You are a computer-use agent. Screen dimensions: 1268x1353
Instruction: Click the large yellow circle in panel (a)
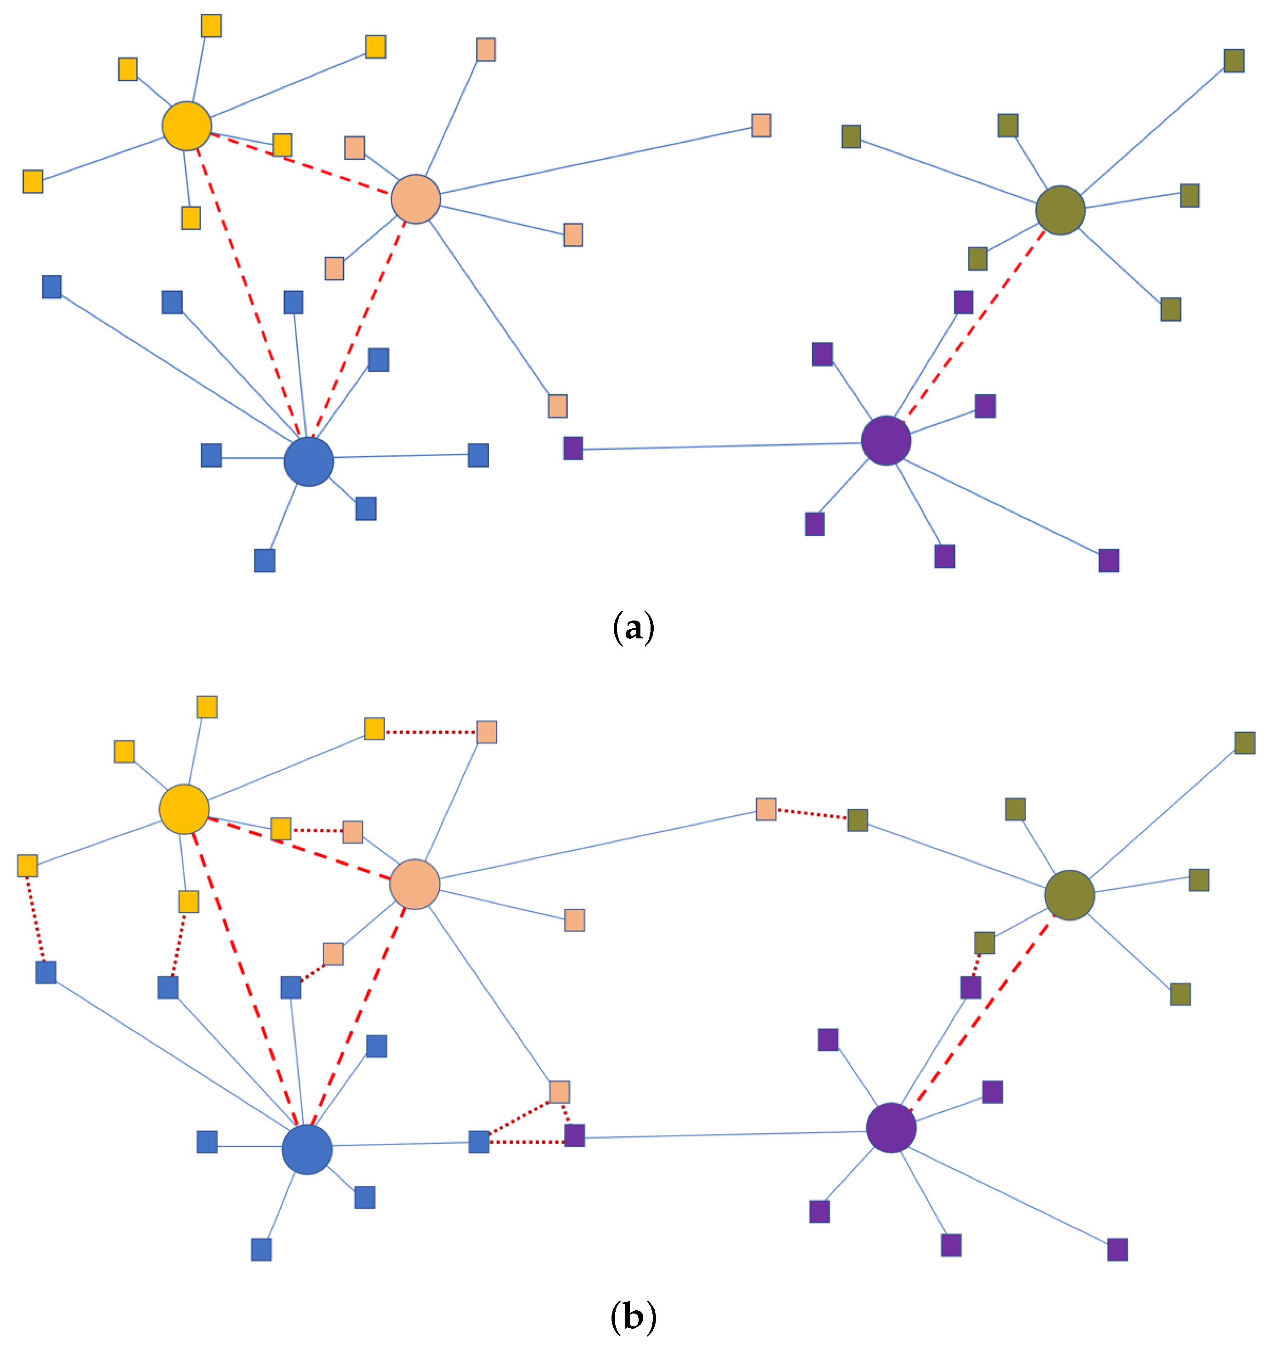pos(186,126)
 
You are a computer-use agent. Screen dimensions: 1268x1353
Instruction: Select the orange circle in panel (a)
pos(415,199)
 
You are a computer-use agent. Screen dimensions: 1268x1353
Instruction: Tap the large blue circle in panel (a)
pos(309,461)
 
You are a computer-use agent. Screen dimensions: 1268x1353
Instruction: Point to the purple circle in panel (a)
pos(886,440)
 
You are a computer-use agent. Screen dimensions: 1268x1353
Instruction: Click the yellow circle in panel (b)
pos(184,809)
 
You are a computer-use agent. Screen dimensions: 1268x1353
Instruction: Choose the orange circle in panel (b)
pos(415,884)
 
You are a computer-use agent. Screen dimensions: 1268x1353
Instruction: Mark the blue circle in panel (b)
pos(307,1150)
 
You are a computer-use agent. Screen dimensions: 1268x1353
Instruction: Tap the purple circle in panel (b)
pos(891,1128)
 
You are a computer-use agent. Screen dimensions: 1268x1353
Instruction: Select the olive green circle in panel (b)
pos(1069,895)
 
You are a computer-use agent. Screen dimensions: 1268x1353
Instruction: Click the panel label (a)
pos(633,627)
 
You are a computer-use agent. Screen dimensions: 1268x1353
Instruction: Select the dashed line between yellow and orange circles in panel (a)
pos(299,163)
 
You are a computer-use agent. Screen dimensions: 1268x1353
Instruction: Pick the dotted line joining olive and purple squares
pos(977,965)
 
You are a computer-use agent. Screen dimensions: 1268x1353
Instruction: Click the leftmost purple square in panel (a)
pos(573,448)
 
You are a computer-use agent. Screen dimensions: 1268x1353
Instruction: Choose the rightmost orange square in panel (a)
pos(761,125)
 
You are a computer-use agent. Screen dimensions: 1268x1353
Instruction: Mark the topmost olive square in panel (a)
pos(1234,61)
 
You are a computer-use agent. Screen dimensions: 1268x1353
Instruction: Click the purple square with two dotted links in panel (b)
pos(574,1135)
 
